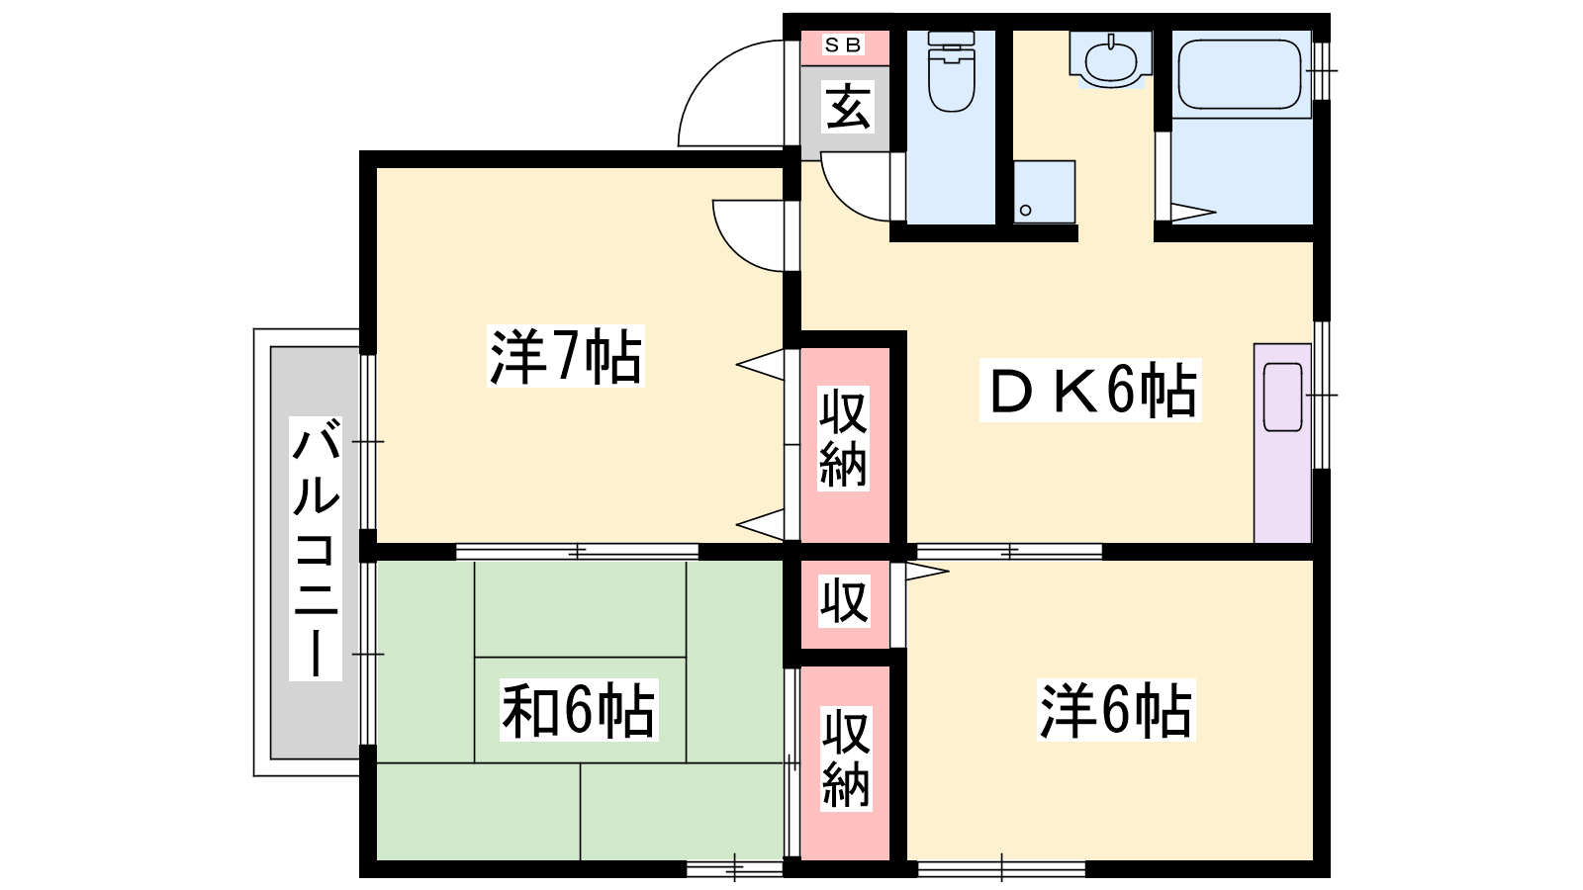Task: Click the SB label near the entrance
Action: point(843,45)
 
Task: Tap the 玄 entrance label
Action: point(847,106)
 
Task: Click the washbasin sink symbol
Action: point(1111,60)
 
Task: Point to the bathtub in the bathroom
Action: point(1241,74)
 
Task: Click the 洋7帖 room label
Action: point(565,355)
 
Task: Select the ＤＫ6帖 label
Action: point(1090,391)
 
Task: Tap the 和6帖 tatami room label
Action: point(579,709)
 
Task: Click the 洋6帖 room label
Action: point(1116,709)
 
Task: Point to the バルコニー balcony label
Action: point(316,549)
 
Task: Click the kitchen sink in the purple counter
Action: point(1282,397)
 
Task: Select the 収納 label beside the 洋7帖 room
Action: point(843,438)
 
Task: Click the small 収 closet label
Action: point(844,602)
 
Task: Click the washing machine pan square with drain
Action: point(1045,192)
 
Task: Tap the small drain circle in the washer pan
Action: point(1025,210)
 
